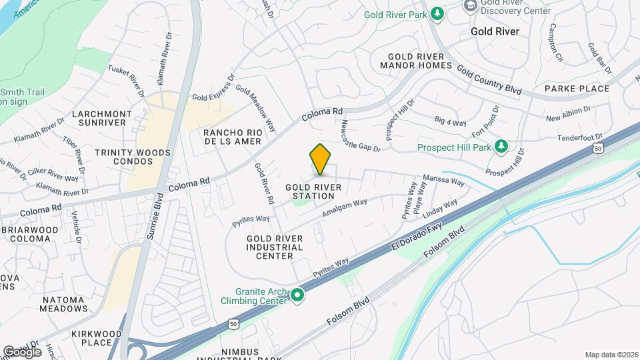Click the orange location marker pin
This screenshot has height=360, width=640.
[321, 159]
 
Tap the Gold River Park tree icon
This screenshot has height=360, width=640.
[437, 14]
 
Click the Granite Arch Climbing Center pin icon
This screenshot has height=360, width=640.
[297, 294]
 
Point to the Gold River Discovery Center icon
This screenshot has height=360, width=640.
[470, 6]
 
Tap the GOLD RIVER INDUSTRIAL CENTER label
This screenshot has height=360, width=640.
[275, 247]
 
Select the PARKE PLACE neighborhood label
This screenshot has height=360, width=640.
[577, 89]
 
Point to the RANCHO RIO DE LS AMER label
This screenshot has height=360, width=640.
[233, 137]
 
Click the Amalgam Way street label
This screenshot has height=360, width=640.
[345, 208]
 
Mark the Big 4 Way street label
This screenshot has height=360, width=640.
[450, 122]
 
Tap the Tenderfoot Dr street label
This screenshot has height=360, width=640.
[579, 137]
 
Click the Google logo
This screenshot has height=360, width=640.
[22, 351]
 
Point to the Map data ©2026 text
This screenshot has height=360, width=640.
[611, 355]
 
